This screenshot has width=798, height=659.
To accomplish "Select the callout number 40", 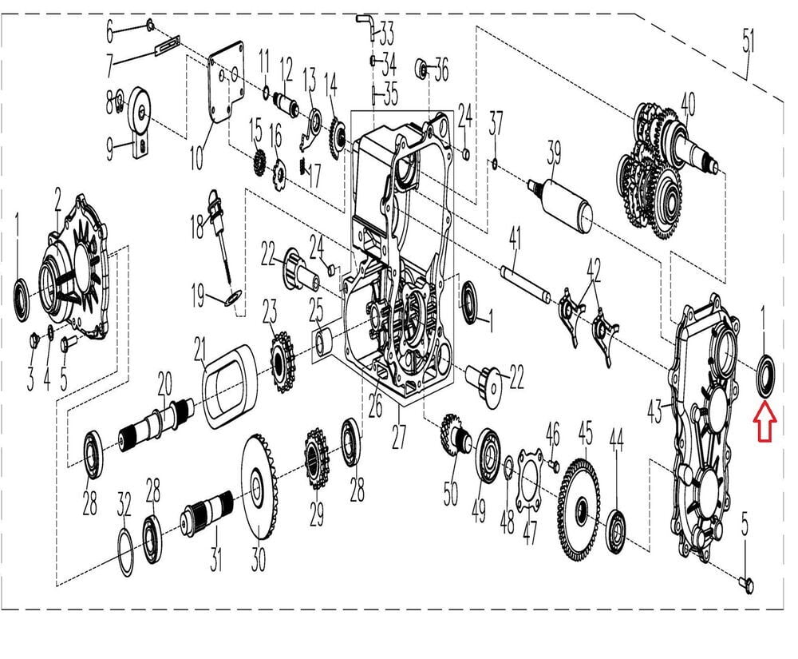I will pyautogui.click(x=687, y=105).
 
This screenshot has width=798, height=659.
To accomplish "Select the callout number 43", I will pyautogui.click(x=654, y=412).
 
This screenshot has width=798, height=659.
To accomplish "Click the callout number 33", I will pyautogui.click(x=386, y=34).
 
